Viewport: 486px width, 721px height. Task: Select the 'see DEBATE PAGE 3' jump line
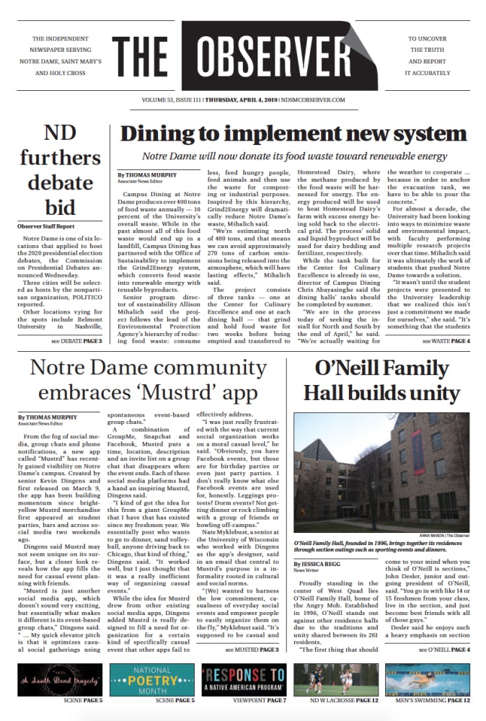(76, 340)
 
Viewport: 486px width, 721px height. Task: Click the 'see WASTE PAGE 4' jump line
(446, 340)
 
